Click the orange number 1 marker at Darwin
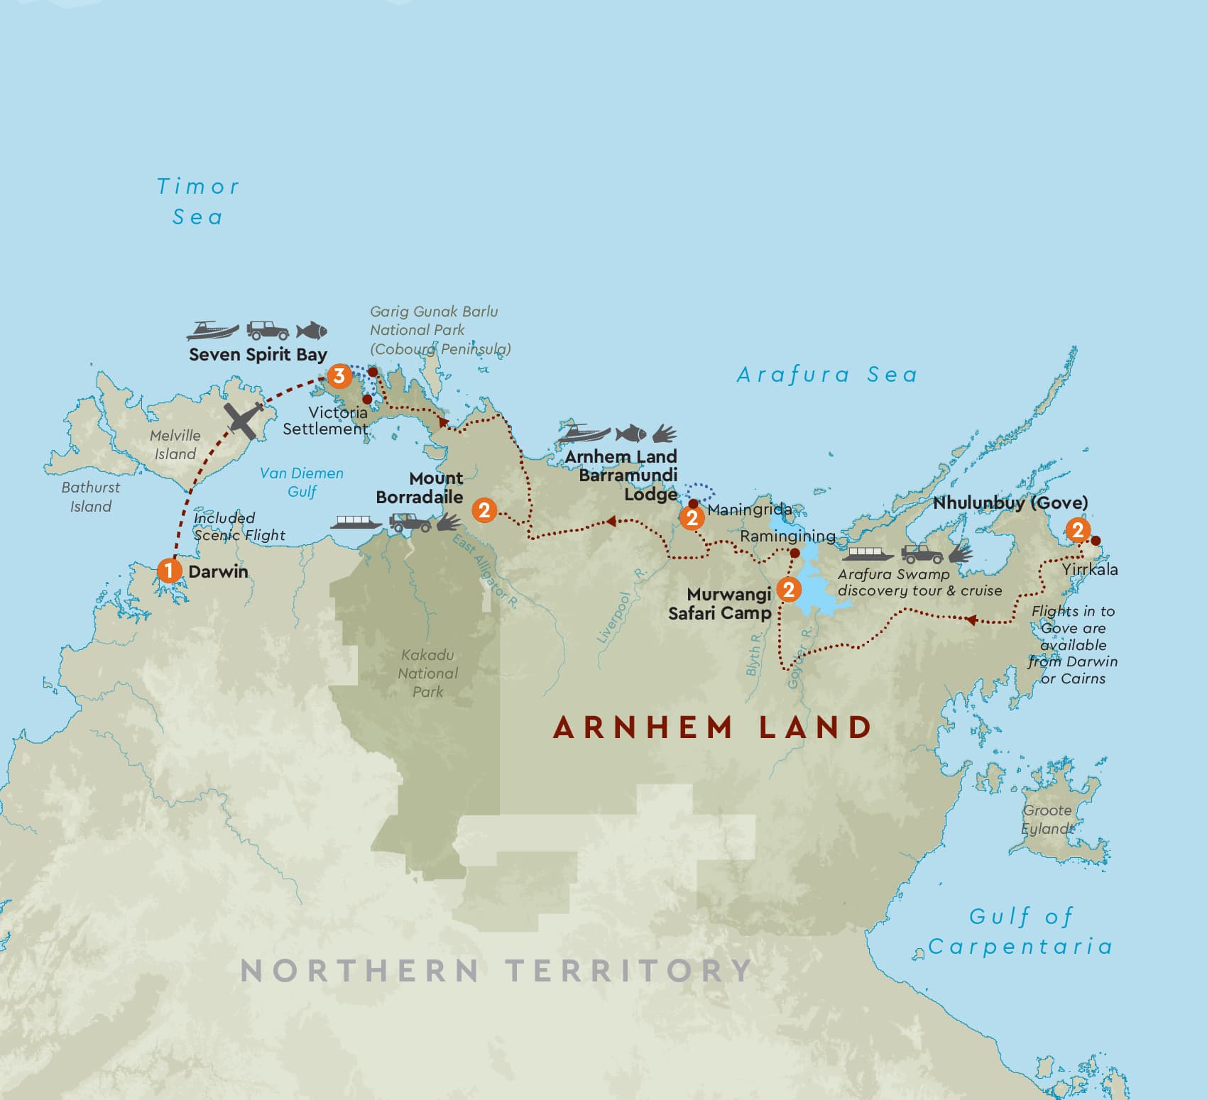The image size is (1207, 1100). (x=169, y=570)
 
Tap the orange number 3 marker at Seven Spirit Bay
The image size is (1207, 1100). (x=339, y=375)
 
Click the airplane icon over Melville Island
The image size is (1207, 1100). (x=242, y=419)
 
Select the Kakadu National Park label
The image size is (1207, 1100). (x=427, y=673)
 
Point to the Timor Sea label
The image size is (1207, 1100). (x=198, y=202)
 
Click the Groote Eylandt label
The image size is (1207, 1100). (x=1048, y=819)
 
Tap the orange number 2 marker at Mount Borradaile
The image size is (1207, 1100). (x=484, y=510)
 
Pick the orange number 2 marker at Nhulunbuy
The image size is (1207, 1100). (x=1078, y=529)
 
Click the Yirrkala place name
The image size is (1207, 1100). (x=1090, y=569)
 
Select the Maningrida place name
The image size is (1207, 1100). (x=750, y=509)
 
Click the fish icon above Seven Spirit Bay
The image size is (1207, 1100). (x=311, y=330)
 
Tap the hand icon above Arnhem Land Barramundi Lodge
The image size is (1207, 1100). (x=665, y=433)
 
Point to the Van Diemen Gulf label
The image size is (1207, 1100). (x=302, y=482)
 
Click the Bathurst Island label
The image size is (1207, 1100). (x=90, y=497)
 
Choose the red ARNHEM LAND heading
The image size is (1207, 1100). (x=712, y=727)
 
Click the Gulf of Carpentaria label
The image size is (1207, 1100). (x=1020, y=931)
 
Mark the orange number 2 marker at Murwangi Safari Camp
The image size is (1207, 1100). (x=788, y=589)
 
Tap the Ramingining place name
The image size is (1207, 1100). (x=787, y=536)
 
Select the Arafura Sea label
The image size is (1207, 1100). (x=827, y=374)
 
